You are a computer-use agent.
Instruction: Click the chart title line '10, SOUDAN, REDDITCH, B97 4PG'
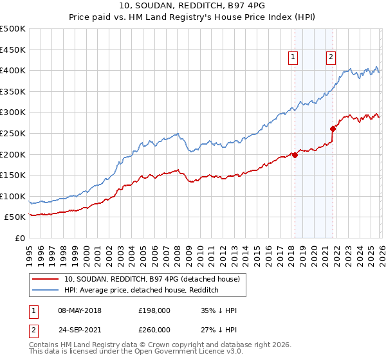click(193, 6)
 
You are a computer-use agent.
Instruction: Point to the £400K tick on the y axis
click(13, 70)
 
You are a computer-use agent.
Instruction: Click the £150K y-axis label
click(13, 175)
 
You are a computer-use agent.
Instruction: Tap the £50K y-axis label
click(15, 217)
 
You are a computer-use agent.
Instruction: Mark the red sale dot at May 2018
click(295, 155)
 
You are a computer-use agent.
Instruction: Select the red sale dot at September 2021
click(333, 129)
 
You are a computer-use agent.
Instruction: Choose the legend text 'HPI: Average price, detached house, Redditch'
click(142, 291)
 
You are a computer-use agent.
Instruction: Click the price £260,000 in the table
click(154, 330)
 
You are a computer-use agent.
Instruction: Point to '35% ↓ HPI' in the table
click(219, 310)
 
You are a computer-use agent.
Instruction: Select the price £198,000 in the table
click(154, 310)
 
